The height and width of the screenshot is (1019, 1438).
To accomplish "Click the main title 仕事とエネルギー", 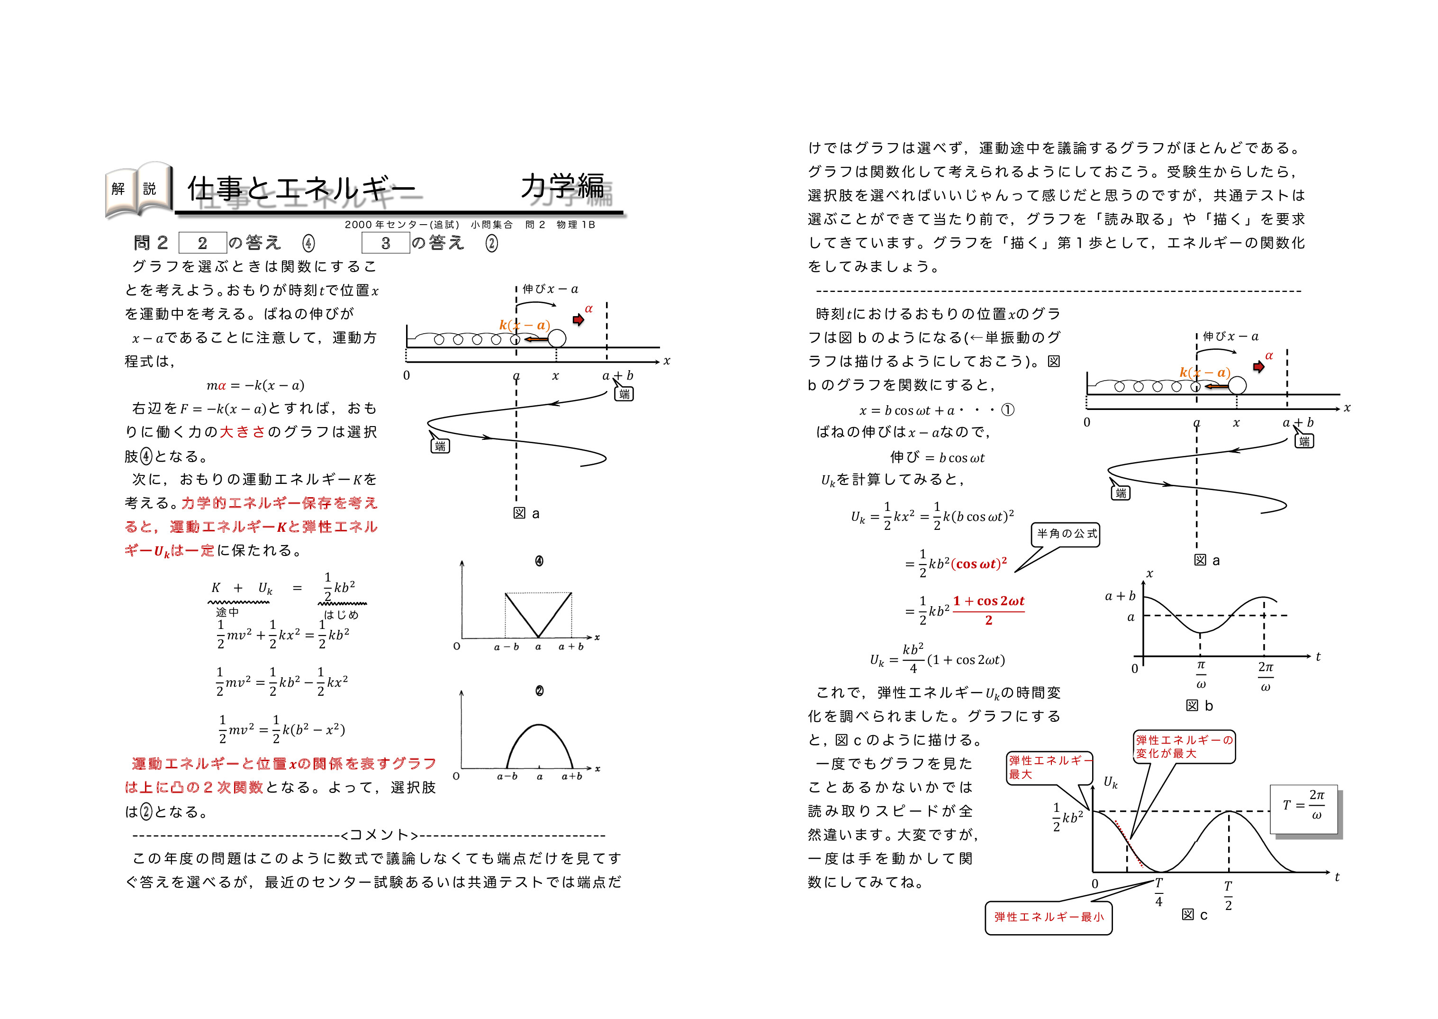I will click(x=301, y=188).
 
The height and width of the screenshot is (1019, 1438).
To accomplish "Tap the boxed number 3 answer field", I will click(x=385, y=243).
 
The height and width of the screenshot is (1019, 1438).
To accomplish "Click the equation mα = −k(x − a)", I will click(x=255, y=385).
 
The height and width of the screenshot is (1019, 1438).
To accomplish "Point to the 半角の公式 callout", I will click(x=1066, y=534).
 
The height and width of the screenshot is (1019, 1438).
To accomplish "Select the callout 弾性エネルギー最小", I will click(x=1048, y=918).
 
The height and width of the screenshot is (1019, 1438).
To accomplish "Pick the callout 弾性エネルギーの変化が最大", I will click(x=1184, y=746).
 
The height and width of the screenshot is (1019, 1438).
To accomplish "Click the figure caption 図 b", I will click(x=1199, y=706).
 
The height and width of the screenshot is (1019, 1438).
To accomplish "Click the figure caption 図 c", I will click(x=1194, y=915).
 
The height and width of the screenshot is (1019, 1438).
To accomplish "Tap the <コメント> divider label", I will click(x=380, y=835).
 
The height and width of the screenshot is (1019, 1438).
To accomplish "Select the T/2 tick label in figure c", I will click(x=1228, y=895).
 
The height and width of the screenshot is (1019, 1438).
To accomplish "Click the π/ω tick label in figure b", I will click(x=1200, y=674).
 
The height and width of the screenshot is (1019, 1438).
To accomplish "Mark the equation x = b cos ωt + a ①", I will click(x=936, y=410).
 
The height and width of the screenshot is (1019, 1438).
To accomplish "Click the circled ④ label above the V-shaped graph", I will click(x=539, y=561).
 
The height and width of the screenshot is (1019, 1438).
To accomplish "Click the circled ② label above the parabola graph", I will click(x=539, y=691).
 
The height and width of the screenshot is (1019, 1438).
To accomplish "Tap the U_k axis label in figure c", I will click(x=1110, y=782).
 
